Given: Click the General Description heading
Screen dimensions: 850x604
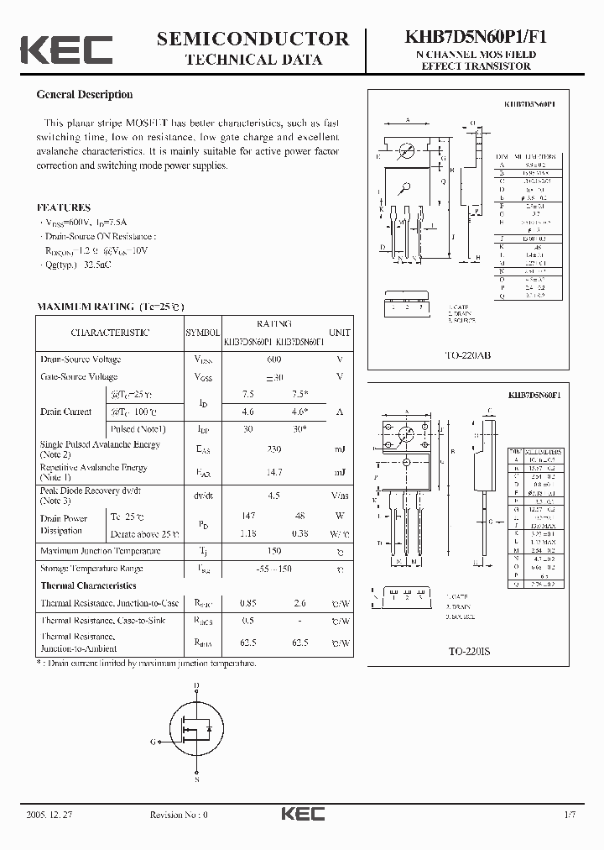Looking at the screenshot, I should (85, 95).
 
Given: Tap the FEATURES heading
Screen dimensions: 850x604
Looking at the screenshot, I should (64, 207).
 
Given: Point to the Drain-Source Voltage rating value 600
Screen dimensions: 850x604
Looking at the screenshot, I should (273, 359).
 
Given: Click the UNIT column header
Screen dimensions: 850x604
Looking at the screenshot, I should (339, 333).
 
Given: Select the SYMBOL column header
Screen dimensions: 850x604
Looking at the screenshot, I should (202, 333).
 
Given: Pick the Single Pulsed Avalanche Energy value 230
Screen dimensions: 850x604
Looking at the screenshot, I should (273, 449).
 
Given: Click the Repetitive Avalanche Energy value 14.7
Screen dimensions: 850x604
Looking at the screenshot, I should (273, 473).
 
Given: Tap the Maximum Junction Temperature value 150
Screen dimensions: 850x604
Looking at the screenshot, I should (273, 551).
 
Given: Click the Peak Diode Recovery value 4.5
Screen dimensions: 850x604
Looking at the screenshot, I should (273, 496).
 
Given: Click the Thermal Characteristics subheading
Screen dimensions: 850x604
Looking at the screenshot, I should (88, 585).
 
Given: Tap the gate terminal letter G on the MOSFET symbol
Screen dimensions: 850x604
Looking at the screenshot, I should (154, 742).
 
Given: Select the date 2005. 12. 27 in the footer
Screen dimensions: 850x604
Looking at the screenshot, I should (49, 815).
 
